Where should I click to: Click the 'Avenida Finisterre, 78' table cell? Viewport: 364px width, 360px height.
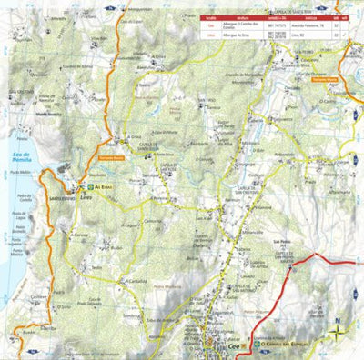pyautogui.click(x=293, y=26)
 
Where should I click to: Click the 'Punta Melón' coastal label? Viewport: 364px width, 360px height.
pyautogui.click(x=21, y=171)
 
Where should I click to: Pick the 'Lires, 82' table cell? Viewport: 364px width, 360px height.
pyautogui.click(x=293, y=35)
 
